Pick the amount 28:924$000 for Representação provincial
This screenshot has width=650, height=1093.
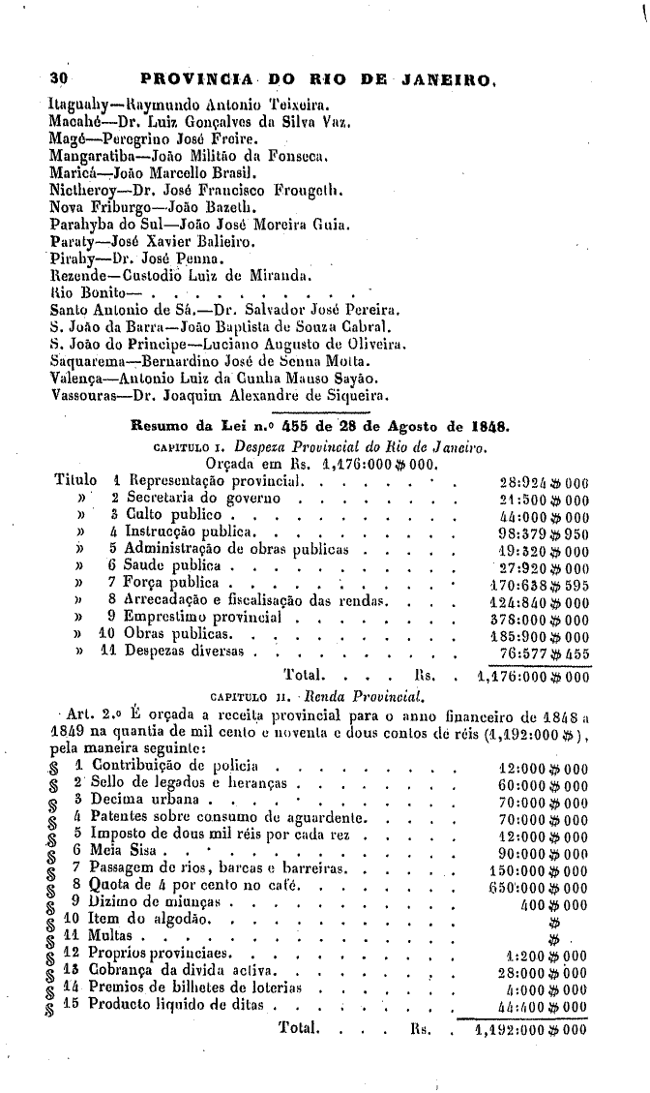[542, 481]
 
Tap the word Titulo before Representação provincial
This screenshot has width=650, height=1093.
[75, 480]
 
